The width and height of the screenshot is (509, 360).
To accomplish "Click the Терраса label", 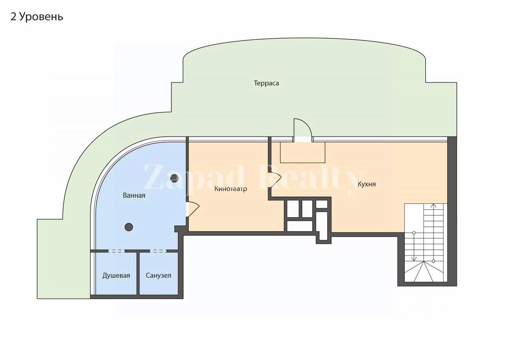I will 266,83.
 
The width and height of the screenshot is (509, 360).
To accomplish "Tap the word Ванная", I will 134,195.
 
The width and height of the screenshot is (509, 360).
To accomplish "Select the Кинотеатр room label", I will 231,189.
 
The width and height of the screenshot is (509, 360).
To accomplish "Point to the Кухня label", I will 367,184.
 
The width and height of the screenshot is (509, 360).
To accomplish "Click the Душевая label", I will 116,275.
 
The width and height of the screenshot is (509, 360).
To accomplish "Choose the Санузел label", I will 159,275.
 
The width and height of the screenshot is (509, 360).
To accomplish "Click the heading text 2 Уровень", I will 37,17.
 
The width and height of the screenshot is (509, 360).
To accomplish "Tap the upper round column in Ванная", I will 174,178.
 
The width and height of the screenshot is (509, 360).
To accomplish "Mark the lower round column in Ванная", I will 128,227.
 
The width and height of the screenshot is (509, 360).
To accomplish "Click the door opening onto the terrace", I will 302,129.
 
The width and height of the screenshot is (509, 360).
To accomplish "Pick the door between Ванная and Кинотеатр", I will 192,209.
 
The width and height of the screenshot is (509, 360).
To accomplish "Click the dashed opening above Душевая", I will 116,251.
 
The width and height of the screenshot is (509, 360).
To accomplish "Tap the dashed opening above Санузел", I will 158,251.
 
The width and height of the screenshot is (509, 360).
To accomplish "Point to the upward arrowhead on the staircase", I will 433,206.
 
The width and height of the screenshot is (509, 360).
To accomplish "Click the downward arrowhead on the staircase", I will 414,259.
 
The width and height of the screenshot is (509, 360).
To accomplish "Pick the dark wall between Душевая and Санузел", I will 138,274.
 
